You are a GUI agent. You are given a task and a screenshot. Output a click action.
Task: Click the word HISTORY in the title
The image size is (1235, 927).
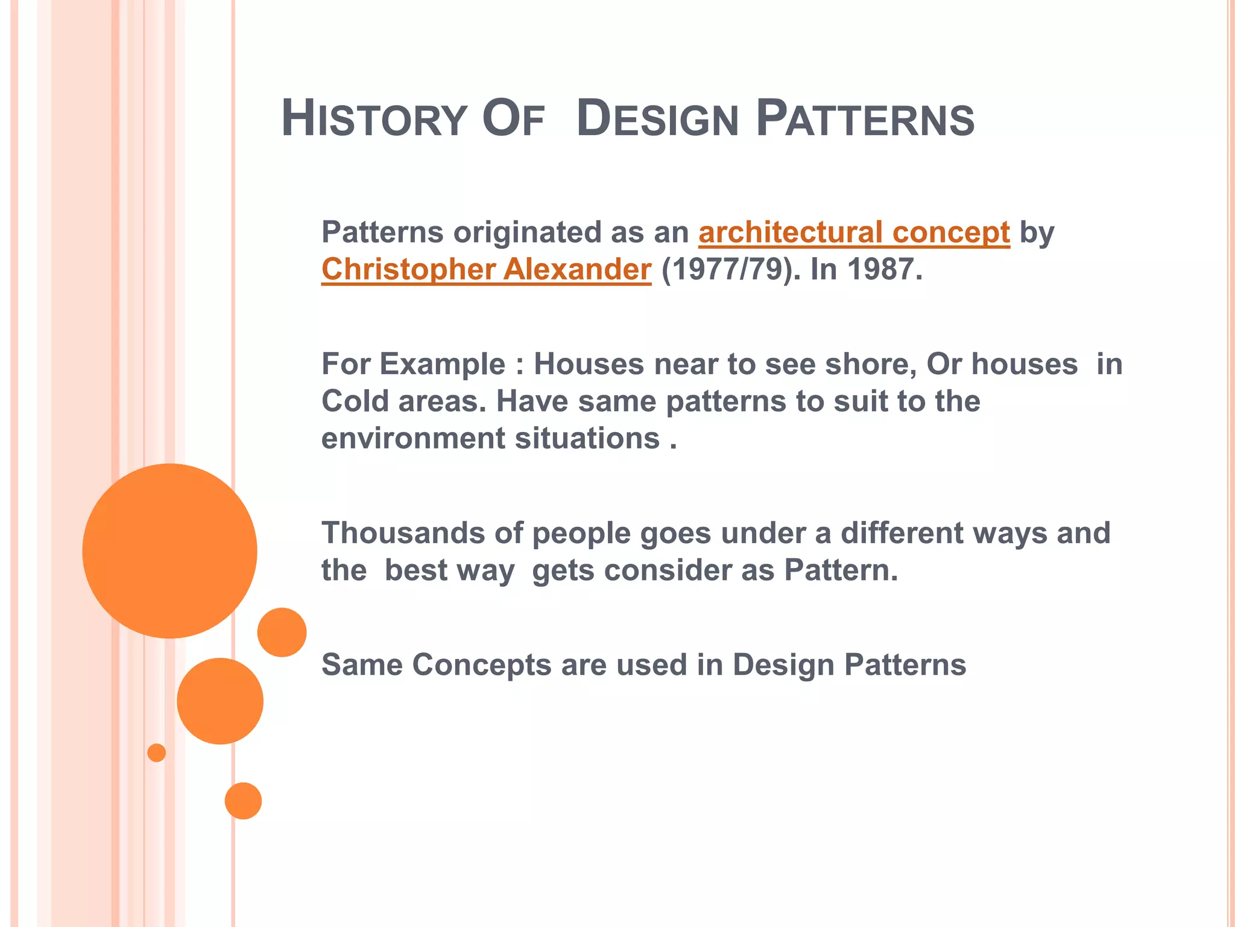[x=374, y=119]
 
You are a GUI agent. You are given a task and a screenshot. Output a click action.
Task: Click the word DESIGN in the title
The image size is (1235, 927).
[x=657, y=119]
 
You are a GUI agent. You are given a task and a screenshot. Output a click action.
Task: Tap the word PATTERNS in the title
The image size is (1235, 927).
[x=865, y=119]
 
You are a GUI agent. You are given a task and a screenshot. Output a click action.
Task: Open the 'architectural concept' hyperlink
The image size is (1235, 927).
[x=854, y=232]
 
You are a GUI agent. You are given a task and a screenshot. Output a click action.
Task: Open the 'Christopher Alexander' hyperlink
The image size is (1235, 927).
[x=486, y=269]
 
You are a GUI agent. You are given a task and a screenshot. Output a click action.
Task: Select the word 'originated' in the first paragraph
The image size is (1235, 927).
[x=527, y=232]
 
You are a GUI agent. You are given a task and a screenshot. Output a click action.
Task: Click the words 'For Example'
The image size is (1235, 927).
[x=413, y=365]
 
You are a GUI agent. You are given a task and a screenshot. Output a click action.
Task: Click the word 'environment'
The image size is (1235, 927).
[x=413, y=438]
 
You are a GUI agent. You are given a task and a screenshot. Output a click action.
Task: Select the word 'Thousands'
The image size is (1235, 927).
[x=403, y=534]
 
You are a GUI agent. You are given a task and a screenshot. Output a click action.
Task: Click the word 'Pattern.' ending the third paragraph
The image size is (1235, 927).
[x=841, y=570]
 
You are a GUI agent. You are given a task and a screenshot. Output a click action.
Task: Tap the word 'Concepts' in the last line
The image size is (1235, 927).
[x=481, y=665]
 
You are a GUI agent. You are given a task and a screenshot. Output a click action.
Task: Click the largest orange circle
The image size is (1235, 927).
[x=169, y=550]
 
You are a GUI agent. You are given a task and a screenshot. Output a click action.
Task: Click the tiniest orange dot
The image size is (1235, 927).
[x=156, y=753]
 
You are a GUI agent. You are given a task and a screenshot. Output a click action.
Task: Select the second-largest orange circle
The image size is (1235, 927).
[x=220, y=701]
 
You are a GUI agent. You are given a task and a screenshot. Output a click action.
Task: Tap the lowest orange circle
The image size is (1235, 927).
[x=243, y=800]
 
